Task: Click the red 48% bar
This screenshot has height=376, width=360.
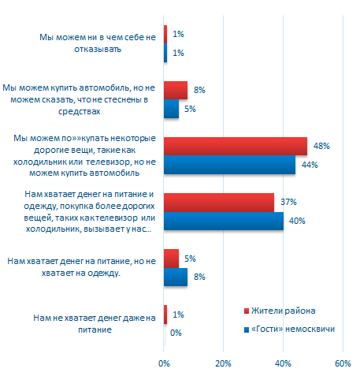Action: coord(236,147)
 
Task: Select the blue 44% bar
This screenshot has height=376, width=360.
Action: coord(229,165)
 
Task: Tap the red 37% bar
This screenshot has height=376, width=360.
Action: coord(219,203)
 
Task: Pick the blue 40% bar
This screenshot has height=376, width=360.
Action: coord(224,221)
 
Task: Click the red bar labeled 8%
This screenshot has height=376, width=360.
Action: coord(176,91)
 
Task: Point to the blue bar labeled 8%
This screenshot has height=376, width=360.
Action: coord(176,277)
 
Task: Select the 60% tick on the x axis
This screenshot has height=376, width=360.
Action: coord(343,363)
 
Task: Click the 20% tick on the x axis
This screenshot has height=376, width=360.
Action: coord(223,363)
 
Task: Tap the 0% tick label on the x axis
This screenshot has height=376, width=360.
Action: coord(164,363)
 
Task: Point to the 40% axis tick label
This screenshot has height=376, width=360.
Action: coord(283,363)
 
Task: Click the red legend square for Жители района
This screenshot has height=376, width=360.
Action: coord(247,311)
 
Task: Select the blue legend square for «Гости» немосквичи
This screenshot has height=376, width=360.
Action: coord(247,329)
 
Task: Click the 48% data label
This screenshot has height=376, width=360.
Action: coord(321,146)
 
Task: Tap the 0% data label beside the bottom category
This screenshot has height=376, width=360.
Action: coord(176,333)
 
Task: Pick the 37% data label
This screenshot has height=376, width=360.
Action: coord(288,202)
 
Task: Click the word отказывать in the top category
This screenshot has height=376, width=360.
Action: coord(98,49)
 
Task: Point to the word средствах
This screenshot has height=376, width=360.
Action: coord(80,111)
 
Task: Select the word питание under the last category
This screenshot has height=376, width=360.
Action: coord(95,329)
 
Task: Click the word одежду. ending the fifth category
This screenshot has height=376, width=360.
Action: coord(104,274)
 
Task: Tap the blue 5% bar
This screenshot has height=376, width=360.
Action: coord(171,109)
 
